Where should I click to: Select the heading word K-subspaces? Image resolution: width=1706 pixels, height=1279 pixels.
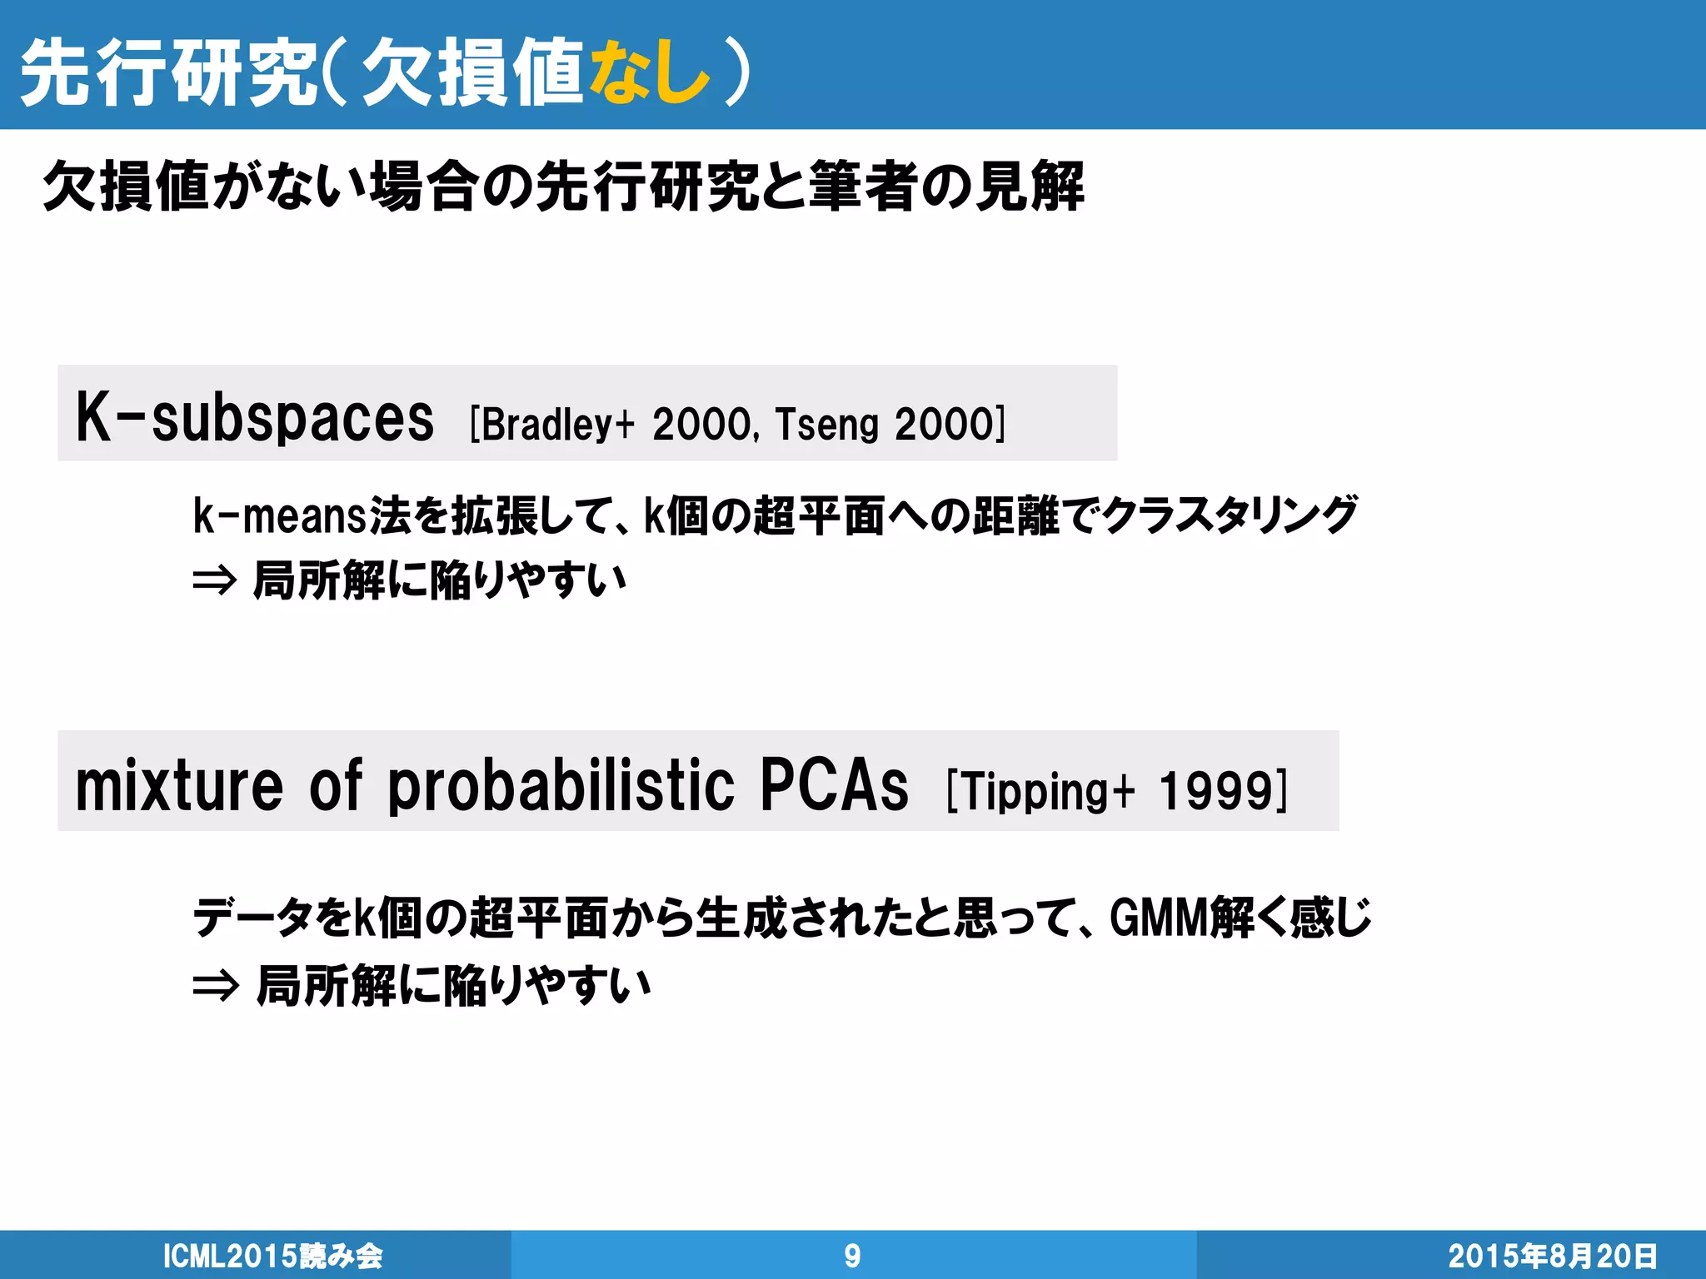click(x=254, y=417)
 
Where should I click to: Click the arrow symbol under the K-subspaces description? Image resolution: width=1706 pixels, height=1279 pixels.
click(x=215, y=580)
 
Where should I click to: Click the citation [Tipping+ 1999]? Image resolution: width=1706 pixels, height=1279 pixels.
click(x=1116, y=790)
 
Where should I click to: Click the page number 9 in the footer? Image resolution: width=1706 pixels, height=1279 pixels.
click(x=852, y=1256)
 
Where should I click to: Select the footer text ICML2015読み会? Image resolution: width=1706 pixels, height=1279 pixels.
click(x=272, y=1256)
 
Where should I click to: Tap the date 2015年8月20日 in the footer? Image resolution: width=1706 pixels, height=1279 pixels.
click(x=1552, y=1256)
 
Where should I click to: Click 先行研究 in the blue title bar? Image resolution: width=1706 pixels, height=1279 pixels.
click(x=167, y=73)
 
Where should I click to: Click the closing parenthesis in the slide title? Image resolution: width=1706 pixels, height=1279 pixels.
click(x=737, y=73)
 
